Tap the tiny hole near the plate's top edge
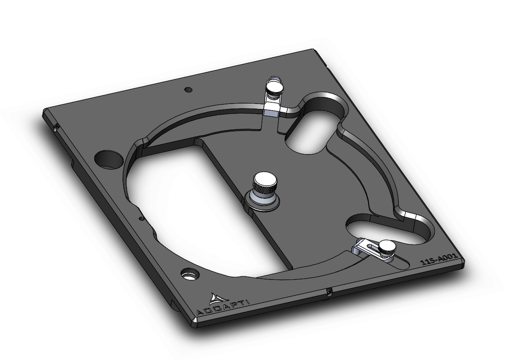coord(188,89)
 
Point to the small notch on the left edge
coord(56,128)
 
